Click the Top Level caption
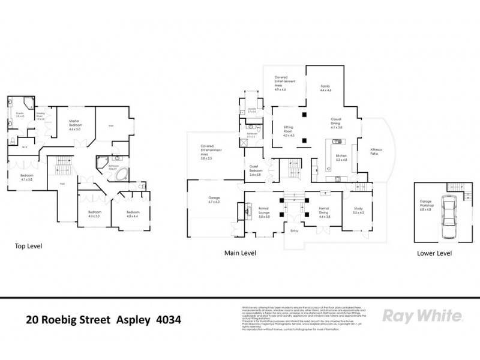tap(28, 246)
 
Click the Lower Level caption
tap(434, 253)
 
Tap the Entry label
tap(294, 231)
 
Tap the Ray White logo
tap(422, 316)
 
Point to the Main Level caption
tap(240, 253)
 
